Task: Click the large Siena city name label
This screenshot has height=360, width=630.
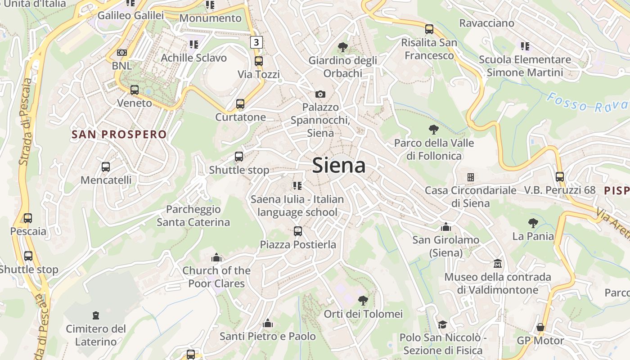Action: pyautogui.click(x=338, y=165)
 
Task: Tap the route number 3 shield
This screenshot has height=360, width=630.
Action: pyautogui.click(x=256, y=42)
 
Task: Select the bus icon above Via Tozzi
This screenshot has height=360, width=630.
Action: pyautogui.click(x=258, y=61)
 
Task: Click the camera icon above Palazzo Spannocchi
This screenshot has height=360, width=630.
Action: pyautogui.click(x=320, y=94)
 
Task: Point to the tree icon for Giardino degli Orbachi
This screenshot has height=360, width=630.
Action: pyautogui.click(x=342, y=47)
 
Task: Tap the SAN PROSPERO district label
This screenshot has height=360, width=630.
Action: pyautogui.click(x=119, y=134)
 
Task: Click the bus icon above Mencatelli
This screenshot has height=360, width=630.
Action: pyautogui.click(x=106, y=167)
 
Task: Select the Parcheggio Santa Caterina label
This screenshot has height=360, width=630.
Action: pyautogui.click(x=193, y=216)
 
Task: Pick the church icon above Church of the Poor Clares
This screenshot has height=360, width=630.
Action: pyautogui.click(x=216, y=257)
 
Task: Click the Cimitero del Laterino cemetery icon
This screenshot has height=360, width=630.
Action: pyautogui.click(x=95, y=315)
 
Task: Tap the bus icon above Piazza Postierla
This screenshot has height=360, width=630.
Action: pyautogui.click(x=297, y=231)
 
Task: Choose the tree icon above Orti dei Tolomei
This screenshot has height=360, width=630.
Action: pyautogui.click(x=363, y=300)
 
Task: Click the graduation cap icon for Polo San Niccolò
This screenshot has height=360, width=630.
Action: pyautogui.click(x=442, y=324)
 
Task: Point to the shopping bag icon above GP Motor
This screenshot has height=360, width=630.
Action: pyautogui.click(x=540, y=327)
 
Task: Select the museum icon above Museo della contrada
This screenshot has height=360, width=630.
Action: pyautogui.click(x=497, y=263)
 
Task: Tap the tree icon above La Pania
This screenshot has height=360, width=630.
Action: pyautogui.click(x=533, y=223)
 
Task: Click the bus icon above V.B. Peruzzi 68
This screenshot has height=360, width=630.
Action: pyautogui.click(x=559, y=177)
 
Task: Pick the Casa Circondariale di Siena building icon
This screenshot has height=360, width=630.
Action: pyautogui.click(x=470, y=177)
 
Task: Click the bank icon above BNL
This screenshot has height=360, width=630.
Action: pyautogui.click(x=121, y=53)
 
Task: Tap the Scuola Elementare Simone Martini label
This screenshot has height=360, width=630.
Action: pyautogui.click(x=525, y=66)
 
